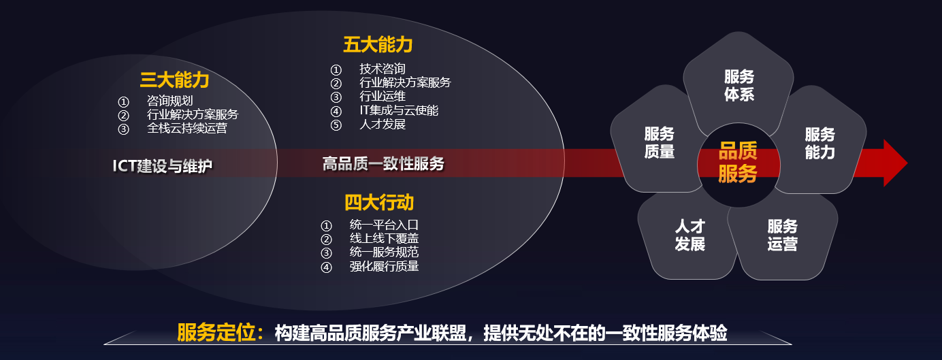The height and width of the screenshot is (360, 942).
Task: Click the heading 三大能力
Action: (x=174, y=80)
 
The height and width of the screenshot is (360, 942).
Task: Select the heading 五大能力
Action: (x=378, y=46)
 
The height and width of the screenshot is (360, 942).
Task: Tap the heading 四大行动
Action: (x=378, y=202)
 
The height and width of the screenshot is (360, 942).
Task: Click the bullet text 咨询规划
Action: (x=169, y=101)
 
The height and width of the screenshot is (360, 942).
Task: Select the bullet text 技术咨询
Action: (x=382, y=69)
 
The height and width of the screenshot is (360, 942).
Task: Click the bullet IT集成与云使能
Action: (x=398, y=110)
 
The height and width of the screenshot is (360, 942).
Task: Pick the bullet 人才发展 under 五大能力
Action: (x=382, y=125)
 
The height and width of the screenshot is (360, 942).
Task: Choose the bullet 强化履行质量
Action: (x=384, y=266)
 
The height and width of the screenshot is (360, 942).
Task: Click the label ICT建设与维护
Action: (x=163, y=166)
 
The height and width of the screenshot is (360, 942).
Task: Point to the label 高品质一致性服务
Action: (x=383, y=164)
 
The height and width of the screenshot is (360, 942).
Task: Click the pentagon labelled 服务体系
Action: (x=738, y=86)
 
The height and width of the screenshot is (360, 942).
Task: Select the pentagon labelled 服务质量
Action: (x=659, y=142)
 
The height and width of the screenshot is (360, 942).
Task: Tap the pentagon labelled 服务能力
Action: (x=819, y=143)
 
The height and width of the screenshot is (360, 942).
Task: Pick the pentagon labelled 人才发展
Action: (x=689, y=235)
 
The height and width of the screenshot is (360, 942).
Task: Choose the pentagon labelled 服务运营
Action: (x=782, y=235)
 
